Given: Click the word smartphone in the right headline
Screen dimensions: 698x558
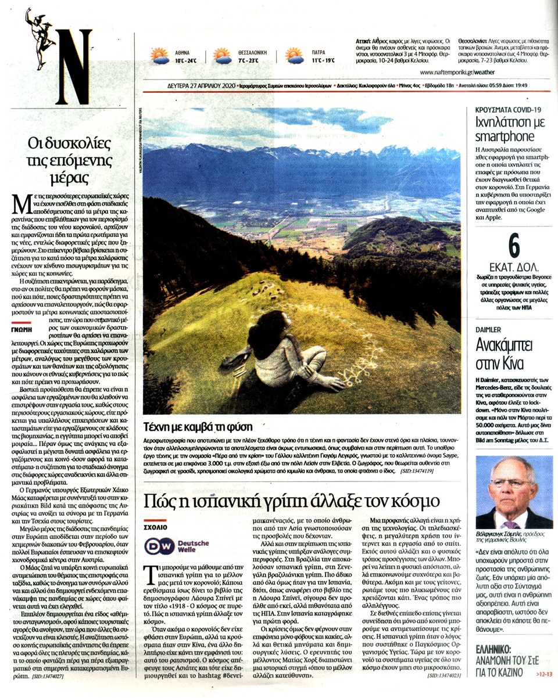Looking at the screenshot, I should point(505,137).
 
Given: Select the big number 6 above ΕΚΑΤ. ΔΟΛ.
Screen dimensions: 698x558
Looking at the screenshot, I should point(513,246).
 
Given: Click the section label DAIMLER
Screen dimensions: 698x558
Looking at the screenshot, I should point(488,329).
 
